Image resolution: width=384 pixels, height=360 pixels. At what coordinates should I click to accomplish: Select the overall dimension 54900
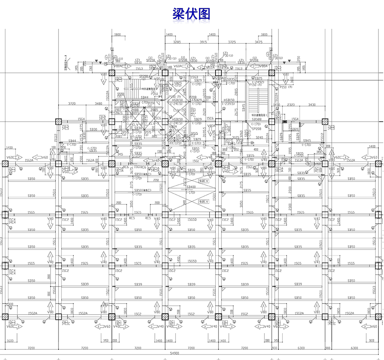tap(175, 353)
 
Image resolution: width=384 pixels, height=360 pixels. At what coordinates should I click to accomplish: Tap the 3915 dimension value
tap(204, 42)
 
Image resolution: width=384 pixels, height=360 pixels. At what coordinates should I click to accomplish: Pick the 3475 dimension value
tap(259, 42)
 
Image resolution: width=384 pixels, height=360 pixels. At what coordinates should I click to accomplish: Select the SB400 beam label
tap(191, 187)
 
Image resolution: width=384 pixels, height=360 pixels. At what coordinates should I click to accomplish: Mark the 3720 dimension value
tap(72, 104)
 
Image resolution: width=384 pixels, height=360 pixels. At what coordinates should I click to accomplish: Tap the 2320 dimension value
tap(291, 105)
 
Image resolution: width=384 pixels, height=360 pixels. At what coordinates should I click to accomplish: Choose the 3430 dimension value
tap(312, 105)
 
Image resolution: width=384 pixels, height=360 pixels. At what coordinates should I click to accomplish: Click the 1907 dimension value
tap(118, 110)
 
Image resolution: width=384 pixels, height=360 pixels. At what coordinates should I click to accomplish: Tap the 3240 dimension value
tap(259, 138)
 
